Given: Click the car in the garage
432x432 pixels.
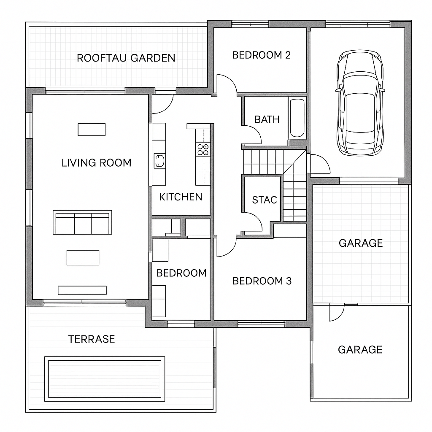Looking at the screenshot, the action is click(360, 103).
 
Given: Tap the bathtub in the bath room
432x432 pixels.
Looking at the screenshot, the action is click(297, 118).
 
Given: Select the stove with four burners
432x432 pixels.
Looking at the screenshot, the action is click(203, 150).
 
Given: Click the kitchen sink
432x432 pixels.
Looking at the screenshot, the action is click(159, 161).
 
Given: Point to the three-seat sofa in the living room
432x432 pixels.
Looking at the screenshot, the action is click(82, 222).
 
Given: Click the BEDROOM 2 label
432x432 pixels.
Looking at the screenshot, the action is click(262, 55).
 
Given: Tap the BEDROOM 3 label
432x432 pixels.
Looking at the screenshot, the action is click(262, 281).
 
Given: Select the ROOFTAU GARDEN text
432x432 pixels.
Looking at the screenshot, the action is click(126, 58).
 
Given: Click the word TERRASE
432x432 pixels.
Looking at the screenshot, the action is click(92, 339).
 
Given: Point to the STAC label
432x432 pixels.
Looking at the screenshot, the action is click(265, 200).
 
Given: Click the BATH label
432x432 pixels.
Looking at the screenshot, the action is click(267, 119).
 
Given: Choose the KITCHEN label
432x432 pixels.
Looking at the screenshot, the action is click(181, 197).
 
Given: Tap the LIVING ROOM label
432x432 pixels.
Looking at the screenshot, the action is click(97, 163).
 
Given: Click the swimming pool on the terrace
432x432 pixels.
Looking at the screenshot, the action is click(105, 379).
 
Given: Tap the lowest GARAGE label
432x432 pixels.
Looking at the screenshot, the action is click(360, 350).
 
